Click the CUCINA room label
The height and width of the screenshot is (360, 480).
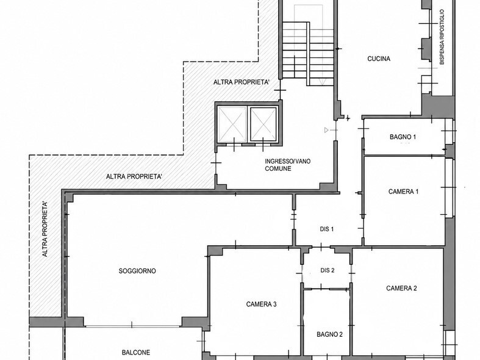tap(379, 59)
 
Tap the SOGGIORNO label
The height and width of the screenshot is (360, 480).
tap(137, 271)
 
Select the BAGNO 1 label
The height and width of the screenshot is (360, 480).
tap(403, 137)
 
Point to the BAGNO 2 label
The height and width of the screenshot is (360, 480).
tap(330, 334)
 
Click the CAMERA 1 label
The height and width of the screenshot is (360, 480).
tap(404, 192)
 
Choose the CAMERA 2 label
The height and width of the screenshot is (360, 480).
tap(401, 288)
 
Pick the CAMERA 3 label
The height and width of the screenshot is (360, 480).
tap(262, 304)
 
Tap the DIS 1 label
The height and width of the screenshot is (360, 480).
tap(327, 229)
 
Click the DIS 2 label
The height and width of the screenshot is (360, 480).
tap(328, 270)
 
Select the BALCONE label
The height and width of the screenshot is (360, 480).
tap(136, 353)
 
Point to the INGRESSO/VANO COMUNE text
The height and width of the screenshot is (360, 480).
tap(288, 165)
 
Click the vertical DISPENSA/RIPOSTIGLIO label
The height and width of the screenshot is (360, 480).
tap(442, 37)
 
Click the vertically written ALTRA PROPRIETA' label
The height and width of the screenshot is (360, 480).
tap(45, 229)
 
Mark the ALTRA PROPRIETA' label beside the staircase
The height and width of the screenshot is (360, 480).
tap(242, 82)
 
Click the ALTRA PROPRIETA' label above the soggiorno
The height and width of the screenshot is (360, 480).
tap(134, 176)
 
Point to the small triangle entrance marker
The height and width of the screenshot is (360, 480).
tap(326, 130)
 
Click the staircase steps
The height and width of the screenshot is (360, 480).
tap(307, 54)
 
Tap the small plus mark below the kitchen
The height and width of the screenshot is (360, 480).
tap(348, 118)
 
